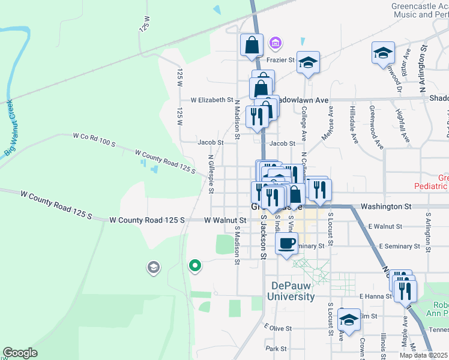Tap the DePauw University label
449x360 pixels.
292,291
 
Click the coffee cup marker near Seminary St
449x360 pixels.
286,244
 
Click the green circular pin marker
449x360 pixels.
194,265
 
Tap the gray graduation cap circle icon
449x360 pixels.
153,267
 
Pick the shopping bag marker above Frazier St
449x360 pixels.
252,44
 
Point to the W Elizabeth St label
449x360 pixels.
212,100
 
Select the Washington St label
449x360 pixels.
385,206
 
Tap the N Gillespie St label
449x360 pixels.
211,174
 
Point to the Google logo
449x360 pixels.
20,353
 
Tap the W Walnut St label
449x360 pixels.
225,220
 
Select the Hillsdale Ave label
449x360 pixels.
355,129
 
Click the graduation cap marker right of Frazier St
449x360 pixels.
308,62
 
